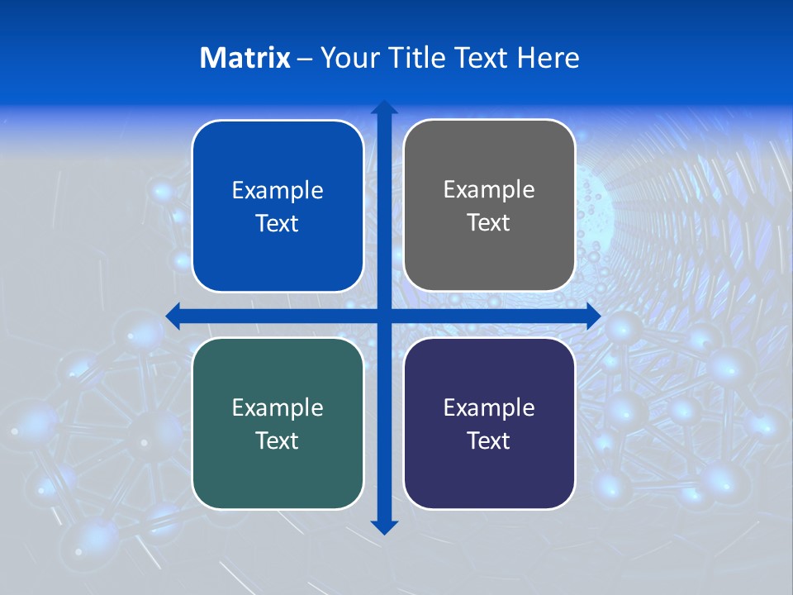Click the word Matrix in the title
(x=245, y=58)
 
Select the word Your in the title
(x=348, y=58)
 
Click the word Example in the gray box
(x=489, y=190)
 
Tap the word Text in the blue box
(x=278, y=224)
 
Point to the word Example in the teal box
(x=278, y=407)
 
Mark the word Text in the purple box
(x=489, y=441)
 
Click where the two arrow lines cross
(x=384, y=316)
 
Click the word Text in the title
(x=482, y=58)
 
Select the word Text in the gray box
(x=489, y=223)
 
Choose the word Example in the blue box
(x=278, y=191)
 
